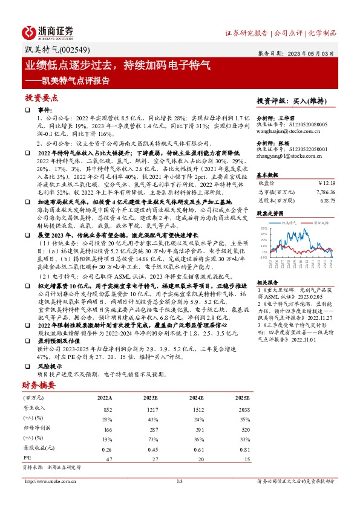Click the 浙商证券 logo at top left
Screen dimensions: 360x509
click(48, 31)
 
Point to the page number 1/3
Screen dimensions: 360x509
click(180, 481)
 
